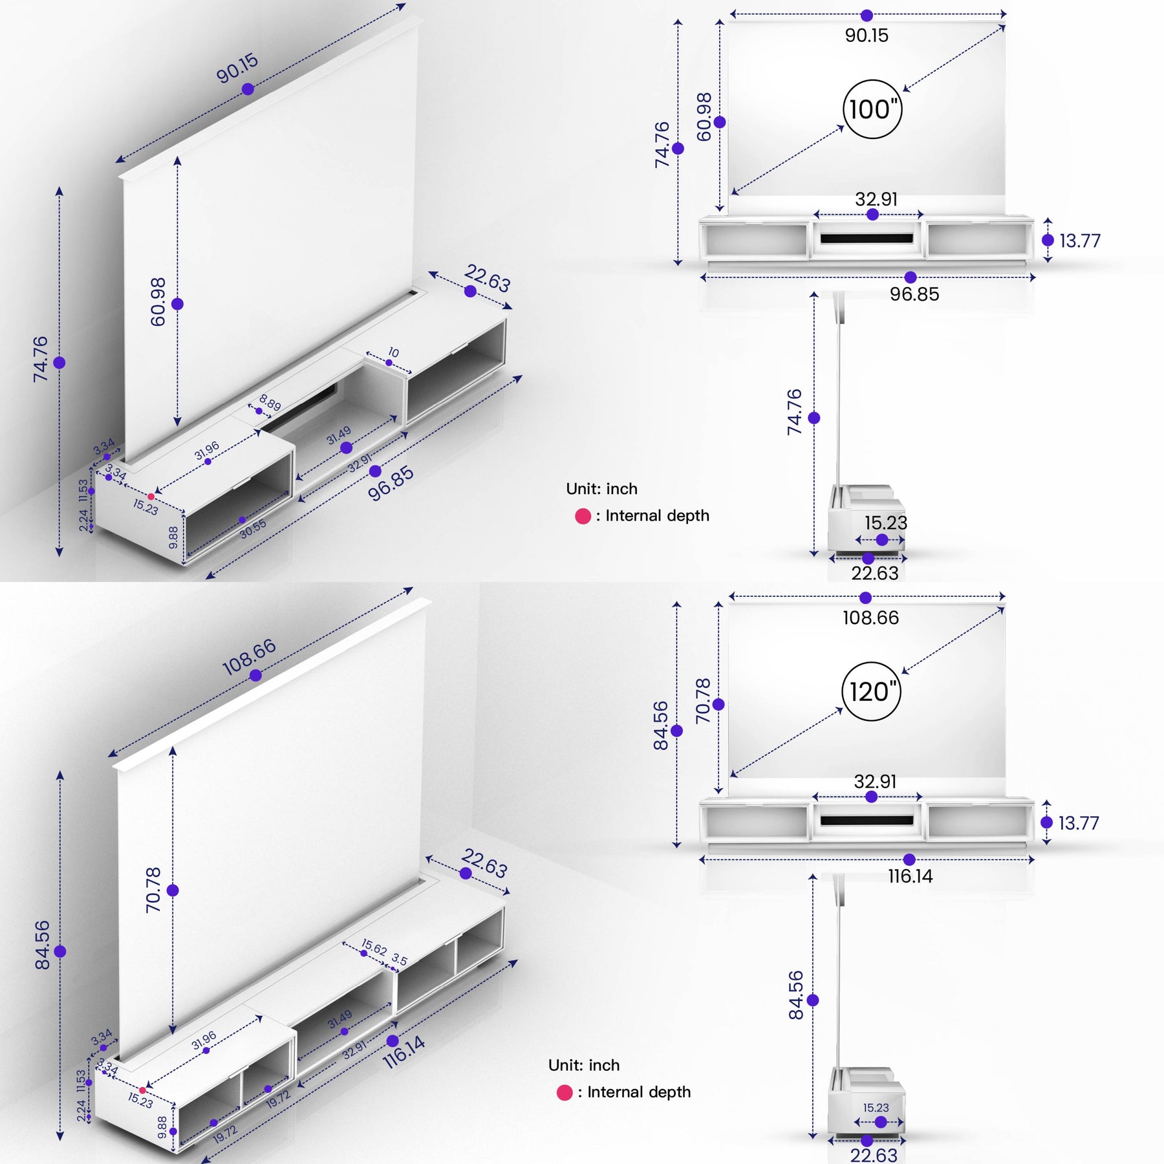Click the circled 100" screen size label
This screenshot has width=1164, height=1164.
coord(872,109)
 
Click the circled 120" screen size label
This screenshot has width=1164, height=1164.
coord(871,691)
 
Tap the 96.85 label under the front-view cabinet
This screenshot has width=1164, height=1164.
coord(914,294)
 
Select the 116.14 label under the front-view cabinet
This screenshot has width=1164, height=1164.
coord(910,876)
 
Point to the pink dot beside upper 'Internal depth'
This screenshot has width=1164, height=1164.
coord(583,516)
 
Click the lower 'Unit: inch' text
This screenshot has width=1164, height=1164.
coord(583,1065)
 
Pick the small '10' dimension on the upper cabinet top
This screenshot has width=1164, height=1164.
coord(393,352)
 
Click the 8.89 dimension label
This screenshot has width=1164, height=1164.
coord(270,403)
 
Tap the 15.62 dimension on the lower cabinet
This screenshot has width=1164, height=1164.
coord(374,947)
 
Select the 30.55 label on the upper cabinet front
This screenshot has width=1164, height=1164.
coord(253,529)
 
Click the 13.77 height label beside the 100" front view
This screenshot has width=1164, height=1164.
coord(1079,241)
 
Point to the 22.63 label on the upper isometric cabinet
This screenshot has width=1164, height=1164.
coord(487,278)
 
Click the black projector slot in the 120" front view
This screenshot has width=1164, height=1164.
coord(867,820)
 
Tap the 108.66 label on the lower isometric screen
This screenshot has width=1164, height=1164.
coord(249,657)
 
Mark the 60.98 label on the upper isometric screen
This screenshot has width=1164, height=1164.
coord(158,301)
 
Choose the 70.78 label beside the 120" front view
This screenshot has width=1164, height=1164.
coord(703,701)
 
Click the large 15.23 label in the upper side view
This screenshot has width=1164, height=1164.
coord(885,523)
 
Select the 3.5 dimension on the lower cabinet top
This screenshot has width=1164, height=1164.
coord(400,960)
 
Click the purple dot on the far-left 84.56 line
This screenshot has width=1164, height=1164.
coord(60,951)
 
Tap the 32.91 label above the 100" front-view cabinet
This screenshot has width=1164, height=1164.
coord(876,199)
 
